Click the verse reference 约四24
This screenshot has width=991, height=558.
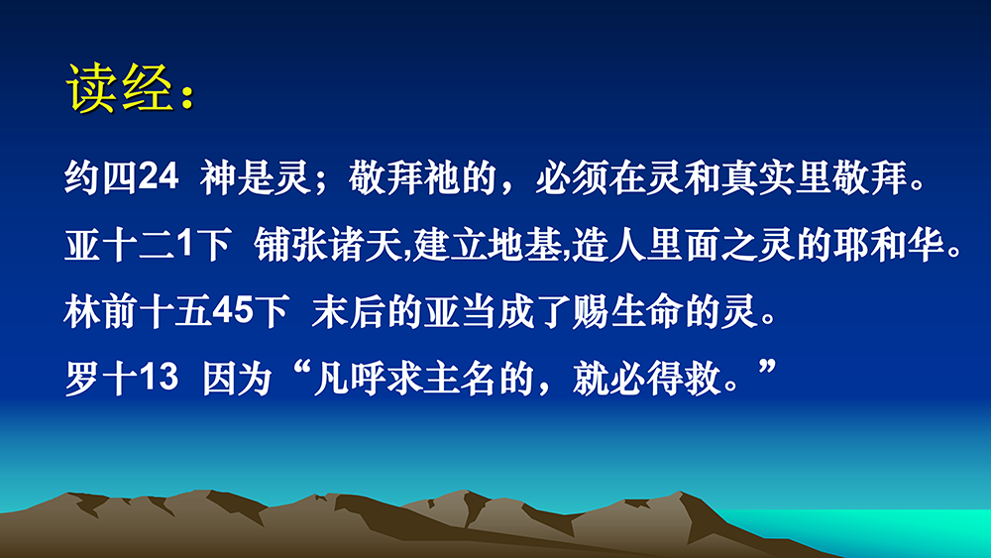pos(121,177)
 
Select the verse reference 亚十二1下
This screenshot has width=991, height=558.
pos(148,245)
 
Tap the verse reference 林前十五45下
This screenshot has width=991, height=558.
pos(176,311)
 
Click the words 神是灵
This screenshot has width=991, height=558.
pos(255,177)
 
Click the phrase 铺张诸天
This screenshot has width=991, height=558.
pos(329,245)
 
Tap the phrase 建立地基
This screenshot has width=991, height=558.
pos(488,245)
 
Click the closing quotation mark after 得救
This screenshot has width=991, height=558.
pos(767,368)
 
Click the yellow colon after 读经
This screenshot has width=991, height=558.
pos(187,97)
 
